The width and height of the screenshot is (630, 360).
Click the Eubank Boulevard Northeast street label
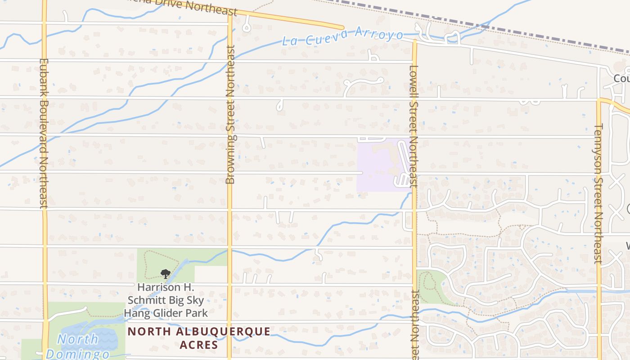(44, 133)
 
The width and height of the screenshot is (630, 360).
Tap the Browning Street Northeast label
(230, 115)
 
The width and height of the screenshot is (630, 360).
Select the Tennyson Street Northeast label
(598, 193)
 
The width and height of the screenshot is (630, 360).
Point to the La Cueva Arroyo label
(342, 36)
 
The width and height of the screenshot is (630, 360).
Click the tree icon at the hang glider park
(166, 273)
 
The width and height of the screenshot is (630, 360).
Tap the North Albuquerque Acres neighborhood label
(199, 338)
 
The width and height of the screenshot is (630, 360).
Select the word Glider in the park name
(178, 313)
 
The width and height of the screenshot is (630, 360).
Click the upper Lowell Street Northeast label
(414, 126)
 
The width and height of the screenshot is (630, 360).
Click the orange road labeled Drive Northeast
(288, 18)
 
